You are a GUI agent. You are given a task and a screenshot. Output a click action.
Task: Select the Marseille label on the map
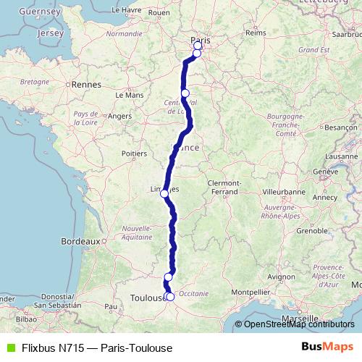(301, 319)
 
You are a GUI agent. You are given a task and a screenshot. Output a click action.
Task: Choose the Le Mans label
(129, 95)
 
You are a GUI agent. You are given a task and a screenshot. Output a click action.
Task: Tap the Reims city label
(256, 33)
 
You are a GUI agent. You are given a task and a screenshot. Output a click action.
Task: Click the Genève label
(327, 171)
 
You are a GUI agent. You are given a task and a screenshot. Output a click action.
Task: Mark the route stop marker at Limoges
(164, 193)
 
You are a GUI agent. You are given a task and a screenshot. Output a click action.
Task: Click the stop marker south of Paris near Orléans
(185, 93)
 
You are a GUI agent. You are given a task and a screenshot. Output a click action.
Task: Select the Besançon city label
(337, 127)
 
